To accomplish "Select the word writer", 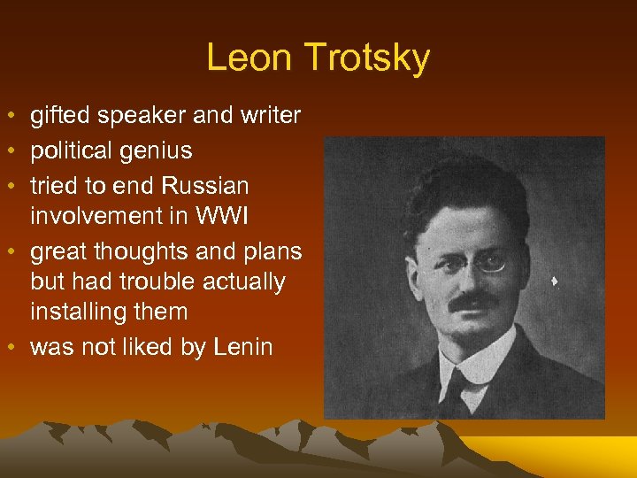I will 269,115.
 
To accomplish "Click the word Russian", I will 205,186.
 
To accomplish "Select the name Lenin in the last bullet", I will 243,347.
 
